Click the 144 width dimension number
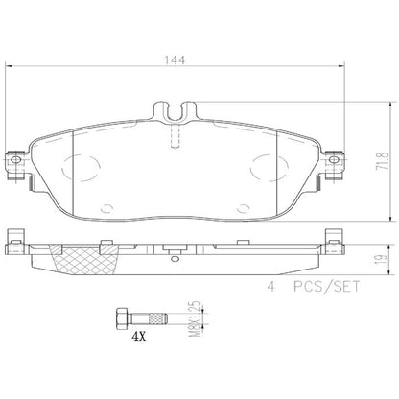(174, 59)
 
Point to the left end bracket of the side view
(14, 238)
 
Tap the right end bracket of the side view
(333, 238)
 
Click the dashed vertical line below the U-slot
(174, 138)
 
